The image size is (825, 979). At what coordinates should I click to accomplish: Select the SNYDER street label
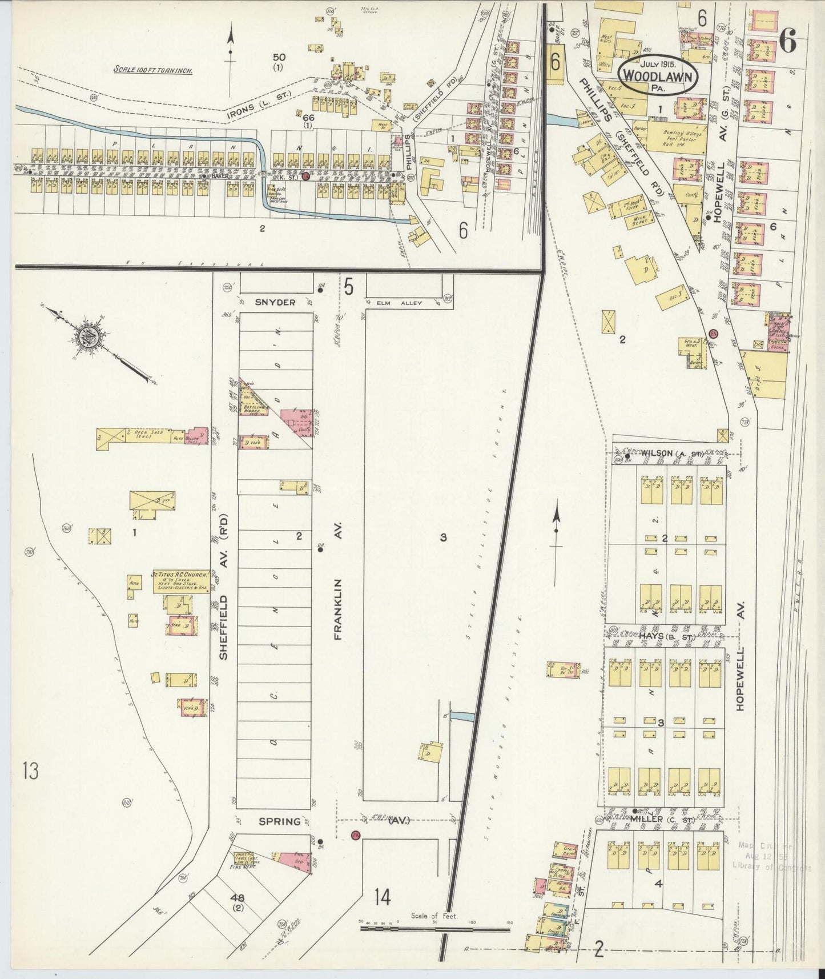pyautogui.click(x=275, y=302)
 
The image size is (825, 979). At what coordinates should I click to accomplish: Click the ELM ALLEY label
pyautogui.click(x=403, y=303)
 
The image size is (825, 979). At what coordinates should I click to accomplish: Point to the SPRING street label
pyautogui.click(x=279, y=821)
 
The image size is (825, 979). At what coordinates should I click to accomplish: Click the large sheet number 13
pyautogui.click(x=30, y=772)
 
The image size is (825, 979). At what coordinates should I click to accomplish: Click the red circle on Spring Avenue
pyautogui.click(x=356, y=836)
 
